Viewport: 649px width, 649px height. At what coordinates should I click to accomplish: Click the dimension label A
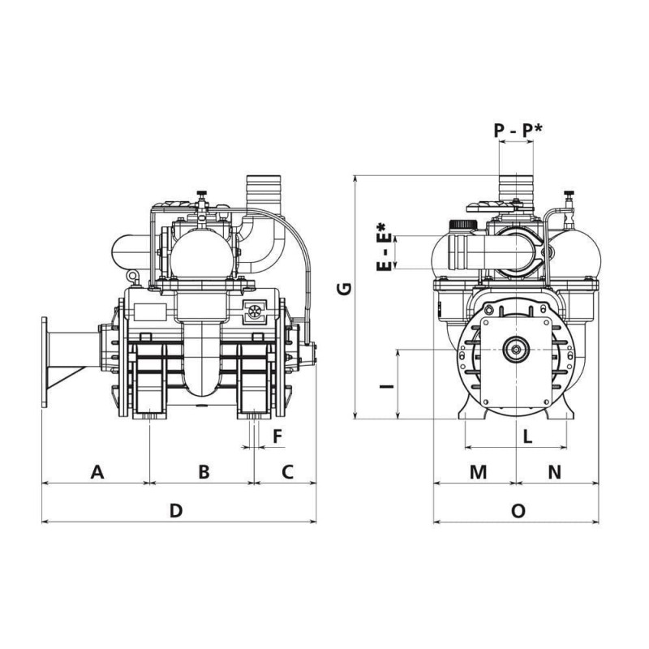point(97,472)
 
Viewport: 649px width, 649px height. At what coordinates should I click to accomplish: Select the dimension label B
point(204,472)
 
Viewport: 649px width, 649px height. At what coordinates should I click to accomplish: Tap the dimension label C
point(288,472)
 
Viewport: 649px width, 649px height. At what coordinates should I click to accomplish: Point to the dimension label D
point(176,511)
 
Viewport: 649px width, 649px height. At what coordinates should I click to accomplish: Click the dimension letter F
point(277,436)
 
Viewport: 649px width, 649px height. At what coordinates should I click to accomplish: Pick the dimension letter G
point(344,289)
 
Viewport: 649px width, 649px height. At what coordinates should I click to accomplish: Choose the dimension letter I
point(387,387)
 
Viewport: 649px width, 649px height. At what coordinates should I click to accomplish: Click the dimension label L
point(527,436)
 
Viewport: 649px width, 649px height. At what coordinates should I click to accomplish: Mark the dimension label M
point(479,472)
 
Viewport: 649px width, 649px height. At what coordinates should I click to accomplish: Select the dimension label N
point(555,472)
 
